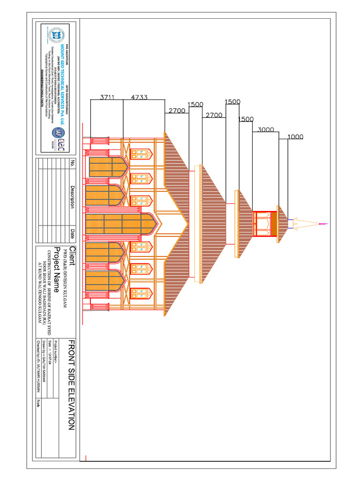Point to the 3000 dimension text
pyautogui.click(x=266, y=130)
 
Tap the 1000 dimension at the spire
pyautogui.click(x=295, y=137)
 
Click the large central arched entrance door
pyautogui.click(x=120, y=224)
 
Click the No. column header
pyautogui.click(x=72, y=163)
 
